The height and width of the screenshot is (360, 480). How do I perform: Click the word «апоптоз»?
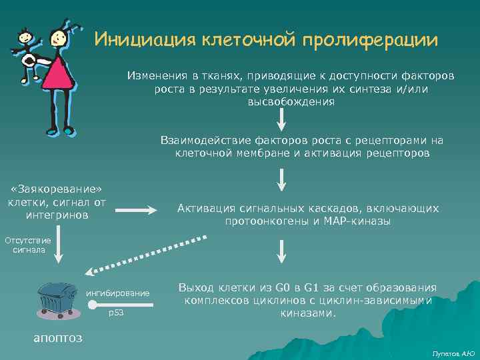(x=58, y=337)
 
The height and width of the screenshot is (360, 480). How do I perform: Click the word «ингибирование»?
(x=118, y=293)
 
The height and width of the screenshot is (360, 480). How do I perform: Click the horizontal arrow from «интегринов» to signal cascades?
(x=137, y=211)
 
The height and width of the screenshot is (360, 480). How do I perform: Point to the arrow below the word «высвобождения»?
(x=282, y=119)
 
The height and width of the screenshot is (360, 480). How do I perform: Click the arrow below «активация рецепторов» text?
(x=282, y=178)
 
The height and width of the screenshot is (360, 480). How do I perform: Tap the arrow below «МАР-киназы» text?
(x=282, y=249)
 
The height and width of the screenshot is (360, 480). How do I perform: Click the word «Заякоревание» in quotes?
(x=55, y=189)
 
